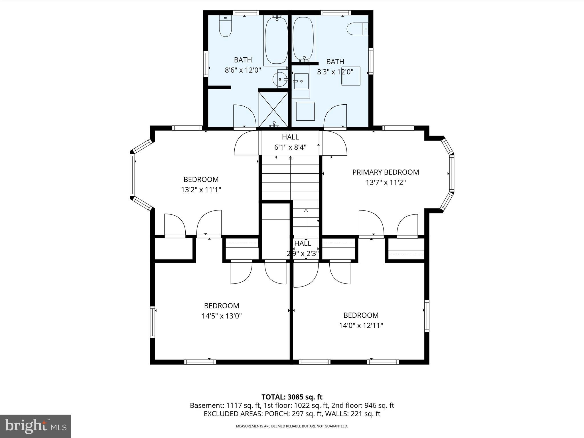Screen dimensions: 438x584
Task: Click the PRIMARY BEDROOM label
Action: pos(386,172)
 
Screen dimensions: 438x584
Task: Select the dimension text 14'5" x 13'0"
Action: pos(222,316)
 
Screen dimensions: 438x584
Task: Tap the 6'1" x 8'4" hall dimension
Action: pos(290,147)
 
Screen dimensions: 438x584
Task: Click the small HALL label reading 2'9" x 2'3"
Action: pos(303,244)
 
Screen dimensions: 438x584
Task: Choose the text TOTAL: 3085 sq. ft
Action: pos(292,397)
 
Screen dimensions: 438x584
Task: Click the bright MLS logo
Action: pos(36,426)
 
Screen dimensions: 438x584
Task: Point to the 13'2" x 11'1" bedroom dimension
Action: pos(201,190)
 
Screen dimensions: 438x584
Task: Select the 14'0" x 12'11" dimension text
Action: pos(361,325)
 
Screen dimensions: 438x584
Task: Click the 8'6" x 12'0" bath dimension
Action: pos(243,70)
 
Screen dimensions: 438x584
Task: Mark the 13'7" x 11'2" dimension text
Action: pos(386,182)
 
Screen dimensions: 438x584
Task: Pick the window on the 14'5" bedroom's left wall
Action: pos(153,322)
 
